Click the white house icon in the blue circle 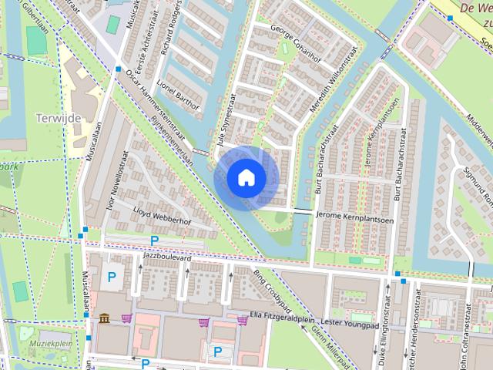[x=246, y=177]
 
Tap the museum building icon [x=104, y=318]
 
